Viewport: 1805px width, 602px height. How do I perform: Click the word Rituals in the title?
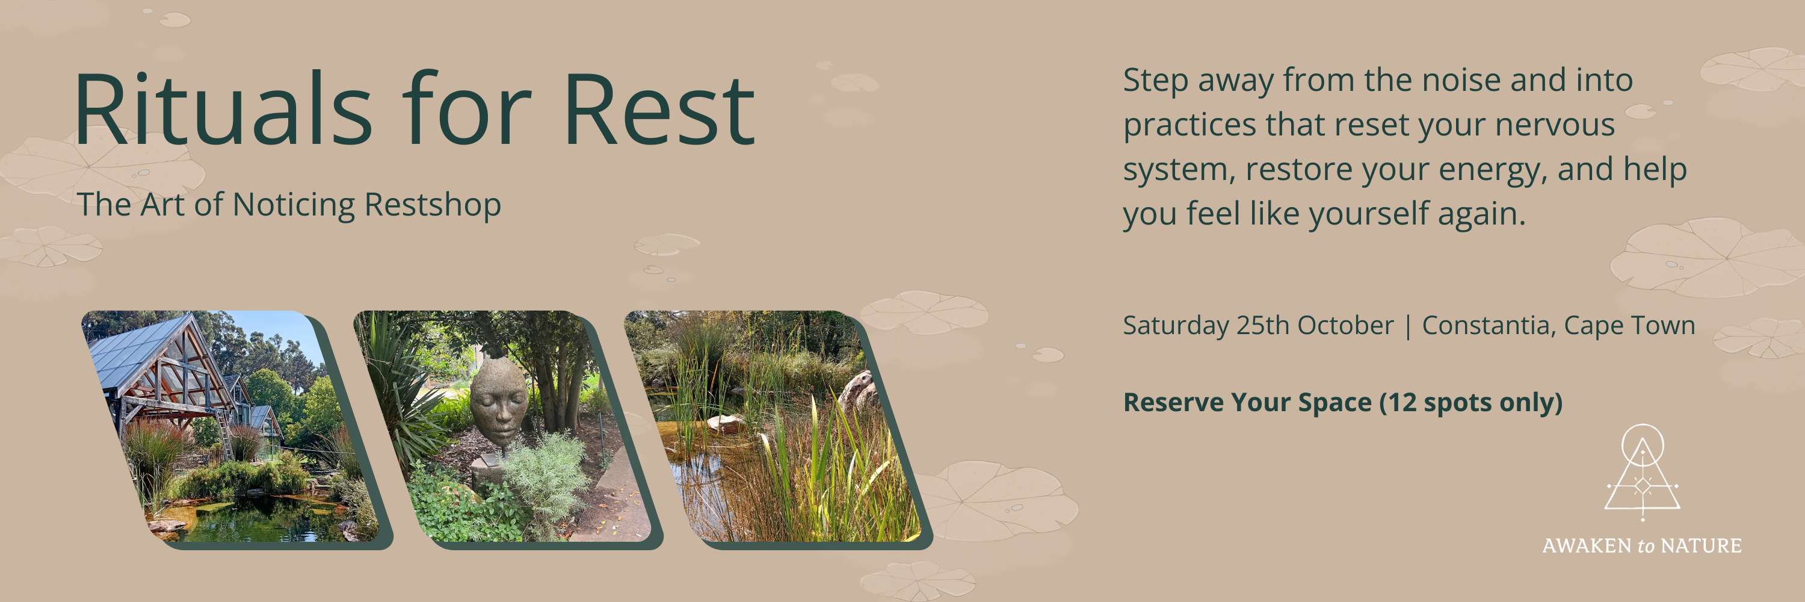click(x=222, y=110)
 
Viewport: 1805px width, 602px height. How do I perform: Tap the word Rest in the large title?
click(x=659, y=110)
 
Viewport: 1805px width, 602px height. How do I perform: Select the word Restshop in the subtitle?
click(x=433, y=205)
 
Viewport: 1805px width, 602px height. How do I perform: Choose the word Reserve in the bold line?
click(x=1174, y=403)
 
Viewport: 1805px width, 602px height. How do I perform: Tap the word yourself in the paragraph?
click(x=1369, y=214)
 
